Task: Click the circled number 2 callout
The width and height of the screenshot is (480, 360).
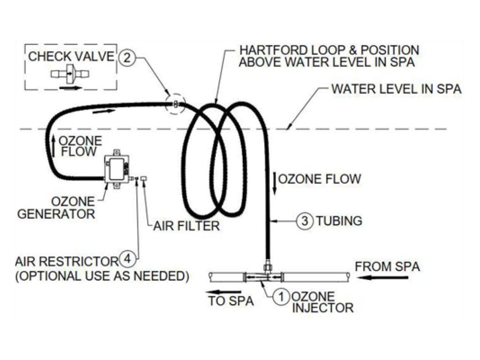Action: (127, 57)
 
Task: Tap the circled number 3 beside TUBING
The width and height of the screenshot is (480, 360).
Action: (305, 220)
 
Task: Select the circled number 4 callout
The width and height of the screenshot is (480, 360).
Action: (128, 259)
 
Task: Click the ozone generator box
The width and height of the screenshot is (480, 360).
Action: (117, 169)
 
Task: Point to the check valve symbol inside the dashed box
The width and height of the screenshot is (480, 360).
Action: (70, 74)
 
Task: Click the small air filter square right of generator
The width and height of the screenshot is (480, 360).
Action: (143, 178)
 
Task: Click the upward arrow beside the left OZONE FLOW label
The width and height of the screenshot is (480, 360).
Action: (53, 146)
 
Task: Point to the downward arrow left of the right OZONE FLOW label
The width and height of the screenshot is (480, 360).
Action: (275, 184)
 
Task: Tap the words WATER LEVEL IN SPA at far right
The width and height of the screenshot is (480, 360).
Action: (397, 89)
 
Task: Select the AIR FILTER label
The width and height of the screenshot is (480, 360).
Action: (187, 226)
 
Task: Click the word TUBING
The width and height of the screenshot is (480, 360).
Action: (339, 221)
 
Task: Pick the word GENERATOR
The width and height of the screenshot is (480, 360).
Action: (56, 214)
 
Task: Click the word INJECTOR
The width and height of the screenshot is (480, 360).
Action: (322, 307)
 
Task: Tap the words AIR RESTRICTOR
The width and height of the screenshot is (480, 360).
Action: (67, 262)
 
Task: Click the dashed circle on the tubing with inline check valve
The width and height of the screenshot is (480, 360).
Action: (175, 104)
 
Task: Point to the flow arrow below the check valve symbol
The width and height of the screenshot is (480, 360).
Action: (70, 88)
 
